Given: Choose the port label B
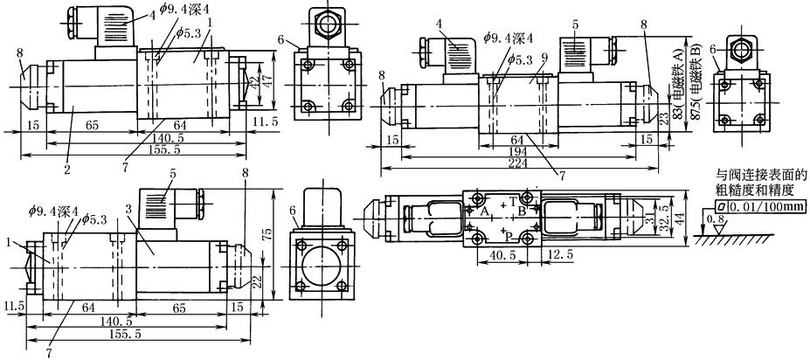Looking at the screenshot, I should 523,211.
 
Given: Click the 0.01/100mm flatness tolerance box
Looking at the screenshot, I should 758,206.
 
